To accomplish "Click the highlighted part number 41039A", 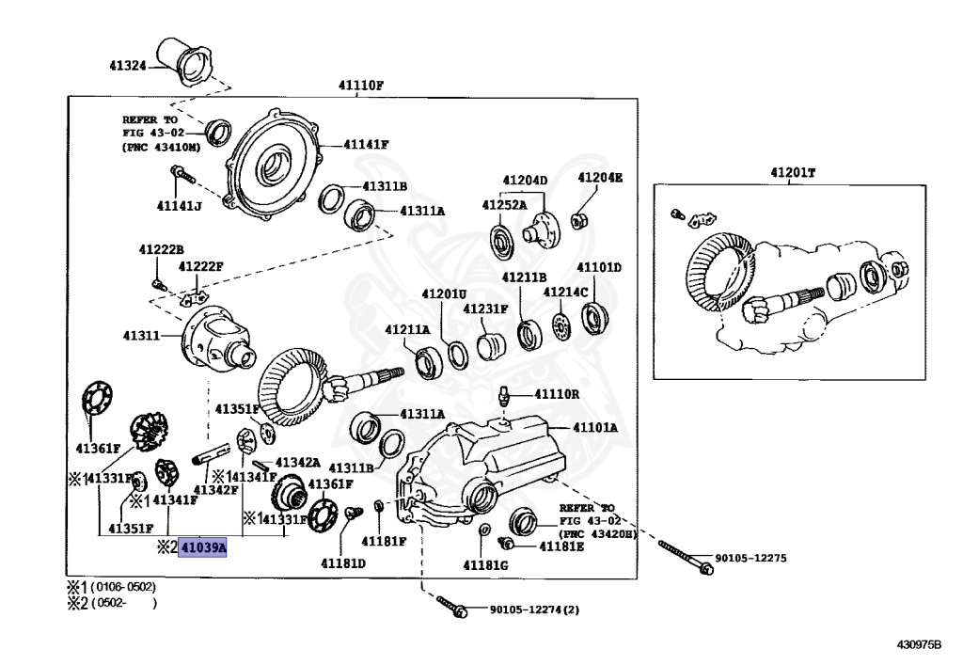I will pyautogui.click(x=203, y=546).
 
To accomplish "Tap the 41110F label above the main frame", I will pyautogui.click(x=361, y=86).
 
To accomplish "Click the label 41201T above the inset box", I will pyautogui.click(x=793, y=172).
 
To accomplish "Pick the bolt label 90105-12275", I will pyautogui.click(x=750, y=559).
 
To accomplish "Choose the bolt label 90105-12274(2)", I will pyautogui.click(x=534, y=610).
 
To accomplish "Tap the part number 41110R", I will pyautogui.click(x=557, y=394).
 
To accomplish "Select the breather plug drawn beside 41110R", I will pyautogui.click(x=505, y=396).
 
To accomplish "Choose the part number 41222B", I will pyautogui.click(x=161, y=249).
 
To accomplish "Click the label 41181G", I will pyautogui.click(x=484, y=564).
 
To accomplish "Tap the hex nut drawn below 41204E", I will pyautogui.click(x=580, y=220).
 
